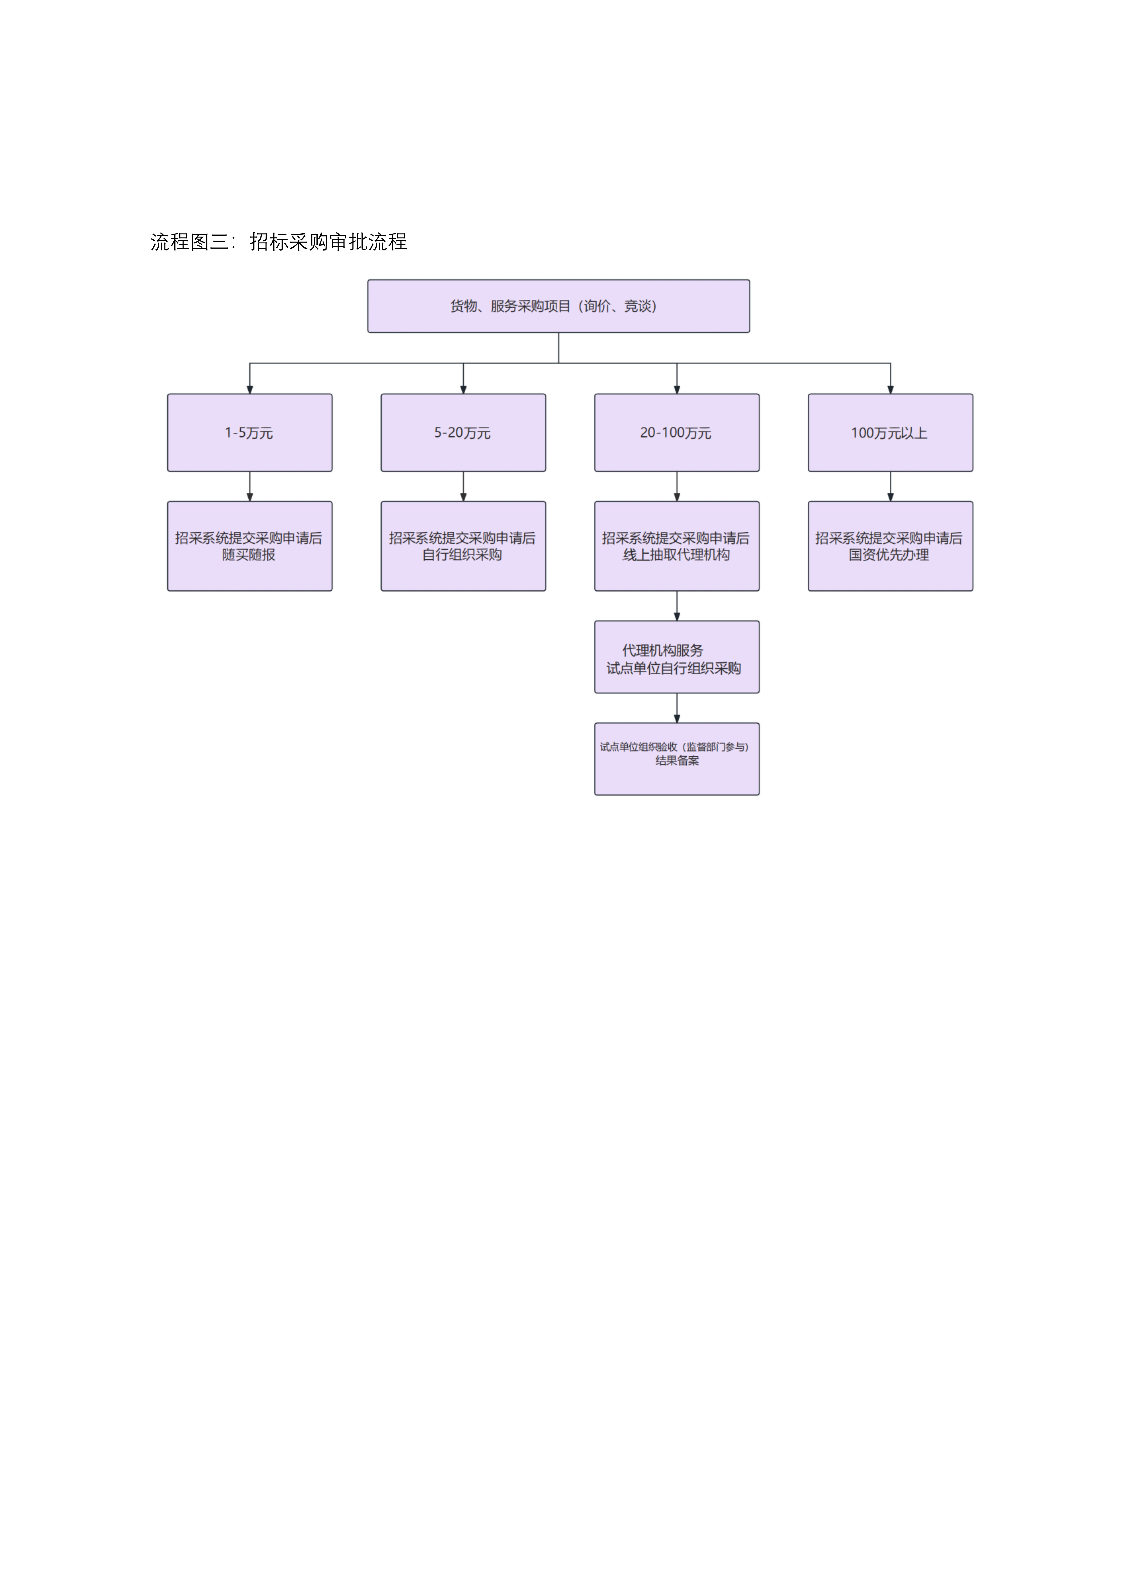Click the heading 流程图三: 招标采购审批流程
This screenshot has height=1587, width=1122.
(x=278, y=242)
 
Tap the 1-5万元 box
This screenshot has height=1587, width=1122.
(x=250, y=433)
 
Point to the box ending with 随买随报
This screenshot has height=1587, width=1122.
(x=250, y=546)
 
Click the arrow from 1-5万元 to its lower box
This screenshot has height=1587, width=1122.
(x=250, y=487)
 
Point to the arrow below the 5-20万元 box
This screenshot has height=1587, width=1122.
(x=463, y=487)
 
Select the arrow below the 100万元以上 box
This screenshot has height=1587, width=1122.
(x=890, y=487)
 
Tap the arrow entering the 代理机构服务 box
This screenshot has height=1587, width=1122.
(x=677, y=606)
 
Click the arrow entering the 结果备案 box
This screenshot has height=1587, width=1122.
(x=677, y=709)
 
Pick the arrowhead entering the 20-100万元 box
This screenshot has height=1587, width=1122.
(x=677, y=390)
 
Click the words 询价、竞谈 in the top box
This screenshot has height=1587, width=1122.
(x=619, y=306)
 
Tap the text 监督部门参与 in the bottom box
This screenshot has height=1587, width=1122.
(x=716, y=747)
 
